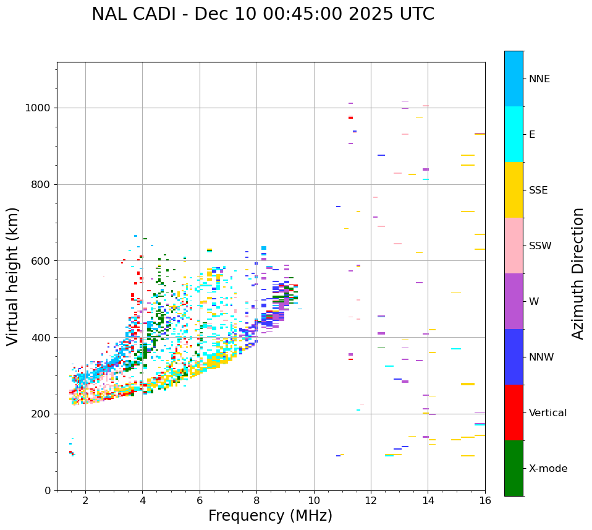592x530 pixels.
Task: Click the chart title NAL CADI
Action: point(263,14)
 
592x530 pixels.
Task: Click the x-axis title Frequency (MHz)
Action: point(270,516)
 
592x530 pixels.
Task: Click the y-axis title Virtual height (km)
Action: point(13,276)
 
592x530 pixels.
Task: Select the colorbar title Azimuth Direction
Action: point(578,273)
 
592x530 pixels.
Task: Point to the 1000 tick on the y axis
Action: point(41,108)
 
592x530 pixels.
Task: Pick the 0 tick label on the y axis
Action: point(48,490)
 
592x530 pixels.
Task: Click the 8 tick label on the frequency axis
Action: point(256,500)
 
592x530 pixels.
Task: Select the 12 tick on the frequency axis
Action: point(371,500)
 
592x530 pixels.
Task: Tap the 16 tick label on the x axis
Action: point(485,500)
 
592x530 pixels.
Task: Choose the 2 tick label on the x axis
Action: point(85,500)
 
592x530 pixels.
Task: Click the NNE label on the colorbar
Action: point(539,79)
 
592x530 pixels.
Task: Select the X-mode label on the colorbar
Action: point(548,469)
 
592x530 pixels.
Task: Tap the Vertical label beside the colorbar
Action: point(548,413)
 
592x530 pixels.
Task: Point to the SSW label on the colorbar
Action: point(540,246)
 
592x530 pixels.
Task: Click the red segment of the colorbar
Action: point(514,412)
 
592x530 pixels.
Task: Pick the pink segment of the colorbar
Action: point(514,246)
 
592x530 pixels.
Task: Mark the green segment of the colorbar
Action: point(514,468)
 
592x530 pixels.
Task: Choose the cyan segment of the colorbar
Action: point(514,134)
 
